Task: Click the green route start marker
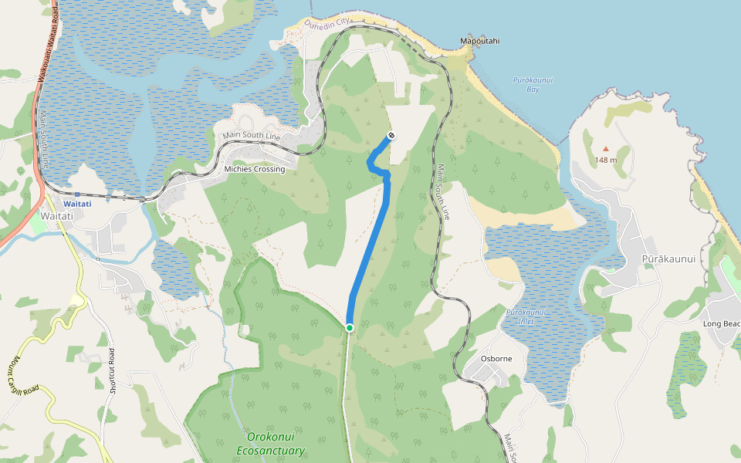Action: tap(350, 328)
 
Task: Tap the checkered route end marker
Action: tap(391, 137)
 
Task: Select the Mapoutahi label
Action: tap(479, 41)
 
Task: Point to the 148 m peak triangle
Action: tap(605, 148)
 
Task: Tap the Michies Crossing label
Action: tap(254, 169)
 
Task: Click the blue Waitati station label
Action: tap(77, 204)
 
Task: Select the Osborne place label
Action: tap(496, 359)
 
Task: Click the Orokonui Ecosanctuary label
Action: tap(270, 444)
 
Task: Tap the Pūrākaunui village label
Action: tap(673, 259)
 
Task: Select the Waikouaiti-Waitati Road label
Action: tap(48, 42)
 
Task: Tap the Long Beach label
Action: tap(722, 323)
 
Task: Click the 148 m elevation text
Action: tap(606, 161)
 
